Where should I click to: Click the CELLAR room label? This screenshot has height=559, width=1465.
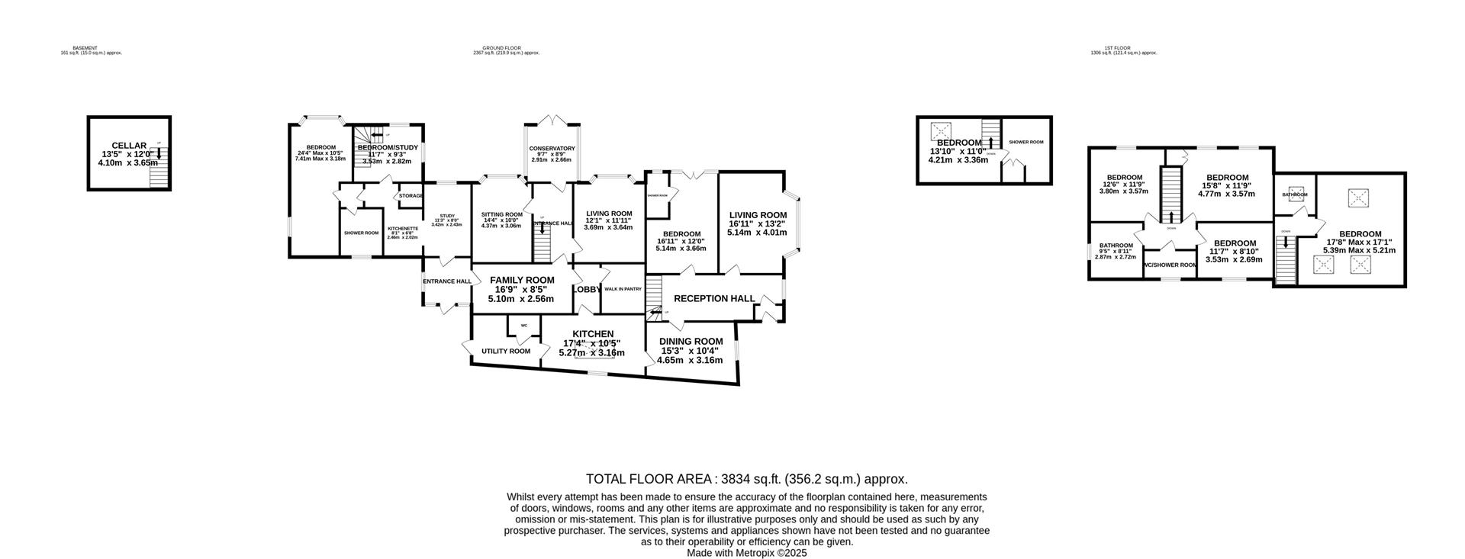[128, 146]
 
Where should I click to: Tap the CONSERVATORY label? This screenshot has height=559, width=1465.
[552, 149]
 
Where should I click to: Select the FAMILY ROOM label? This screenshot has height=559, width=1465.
[522, 280]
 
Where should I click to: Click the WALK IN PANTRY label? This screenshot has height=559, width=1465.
[623, 289]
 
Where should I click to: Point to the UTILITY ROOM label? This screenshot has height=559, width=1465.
[505, 352]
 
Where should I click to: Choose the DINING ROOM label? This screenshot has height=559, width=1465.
[691, 341]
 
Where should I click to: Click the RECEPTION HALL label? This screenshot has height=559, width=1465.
[714, 298]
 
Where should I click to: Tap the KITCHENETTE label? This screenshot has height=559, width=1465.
[403, 229]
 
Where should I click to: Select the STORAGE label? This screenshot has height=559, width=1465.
[411, 196]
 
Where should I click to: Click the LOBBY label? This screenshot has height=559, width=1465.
[588, 290]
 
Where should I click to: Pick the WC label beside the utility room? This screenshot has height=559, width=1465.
[523, 326]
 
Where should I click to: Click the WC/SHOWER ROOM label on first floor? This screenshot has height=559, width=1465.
[1170, 265]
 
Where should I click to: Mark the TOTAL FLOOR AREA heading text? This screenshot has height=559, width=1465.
[746, 479]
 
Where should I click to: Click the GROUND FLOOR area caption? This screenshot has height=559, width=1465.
[507, 48]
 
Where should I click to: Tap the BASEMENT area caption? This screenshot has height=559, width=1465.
[85, 48]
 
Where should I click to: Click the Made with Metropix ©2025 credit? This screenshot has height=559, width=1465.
[746, 553]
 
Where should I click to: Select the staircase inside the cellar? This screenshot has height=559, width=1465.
[158, 176]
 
